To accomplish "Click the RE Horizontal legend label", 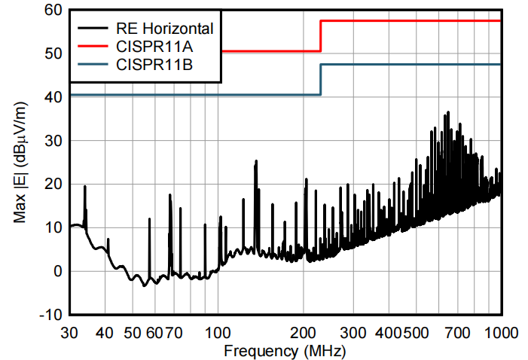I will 165,29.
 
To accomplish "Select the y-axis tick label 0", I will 55,271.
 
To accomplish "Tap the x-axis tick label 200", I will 304,332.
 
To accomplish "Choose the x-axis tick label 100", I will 218,332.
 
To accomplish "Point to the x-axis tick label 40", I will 105,332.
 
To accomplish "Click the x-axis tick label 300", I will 353,332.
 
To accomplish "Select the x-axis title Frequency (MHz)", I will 285,351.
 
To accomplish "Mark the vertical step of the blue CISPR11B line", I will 321,80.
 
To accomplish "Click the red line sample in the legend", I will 94,47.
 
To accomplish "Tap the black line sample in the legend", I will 94,29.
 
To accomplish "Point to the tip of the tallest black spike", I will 448,112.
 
